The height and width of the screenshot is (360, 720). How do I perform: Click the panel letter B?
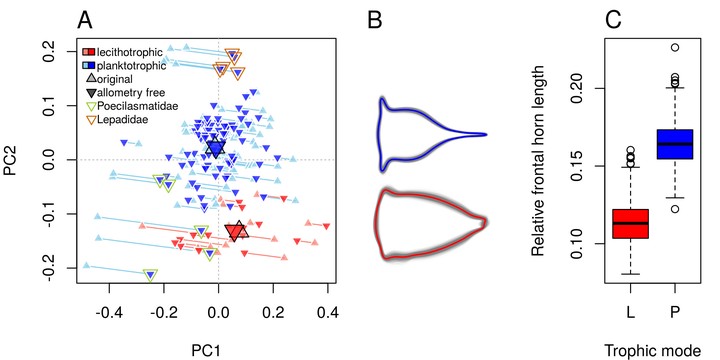[x=375, y=20]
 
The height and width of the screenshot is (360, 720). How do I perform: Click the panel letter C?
[x=613, y=20]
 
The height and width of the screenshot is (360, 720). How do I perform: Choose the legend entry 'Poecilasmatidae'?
[x=138, y=106]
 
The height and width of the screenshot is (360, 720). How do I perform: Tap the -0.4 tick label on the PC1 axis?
[x=109, y=313]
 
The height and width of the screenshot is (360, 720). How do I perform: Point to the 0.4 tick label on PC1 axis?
[x=327, y=313]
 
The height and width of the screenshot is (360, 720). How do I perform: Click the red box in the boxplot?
[x=630, y=224]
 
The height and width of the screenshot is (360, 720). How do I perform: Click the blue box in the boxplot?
[x=674, y=144]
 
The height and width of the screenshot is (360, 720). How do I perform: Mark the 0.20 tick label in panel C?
[x=583, y=88]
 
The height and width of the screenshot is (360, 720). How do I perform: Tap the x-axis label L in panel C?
[x=630, y=313]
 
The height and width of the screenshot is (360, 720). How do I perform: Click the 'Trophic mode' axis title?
[x=652, y=350]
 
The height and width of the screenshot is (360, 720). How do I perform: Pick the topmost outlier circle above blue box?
[x=674, y=47]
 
